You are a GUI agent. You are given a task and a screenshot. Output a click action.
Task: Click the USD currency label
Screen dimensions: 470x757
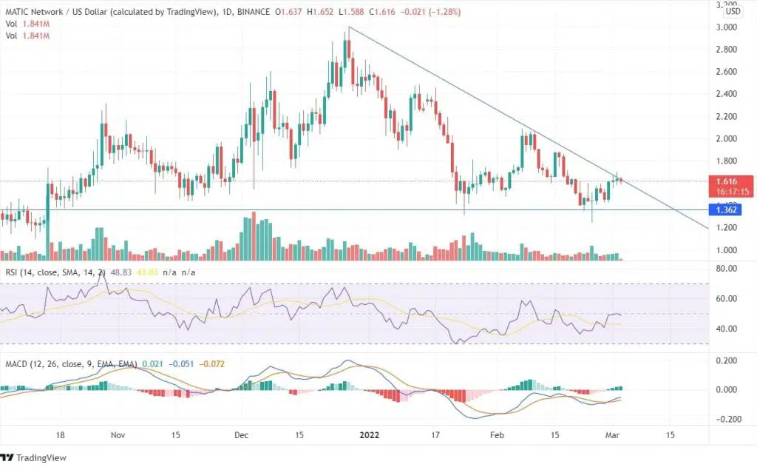click(733, 11)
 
